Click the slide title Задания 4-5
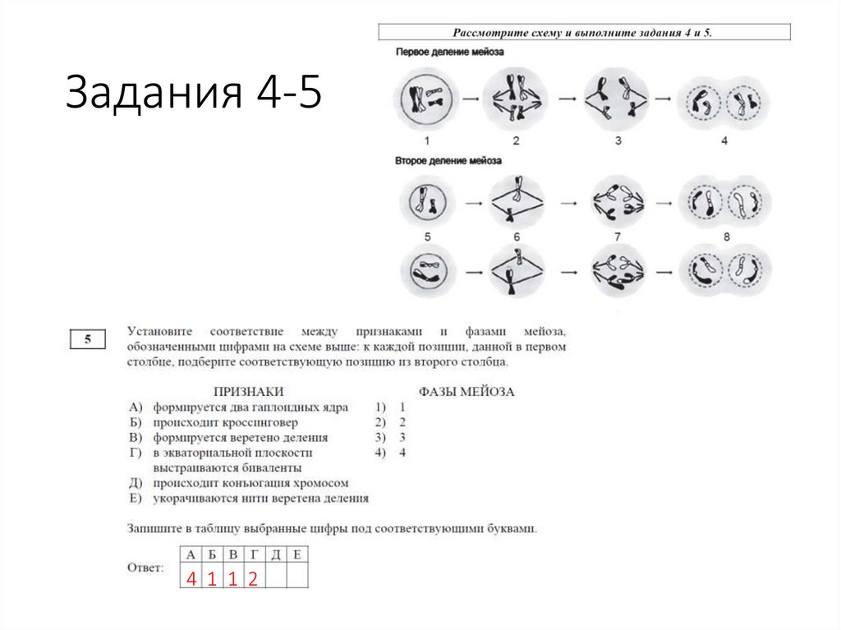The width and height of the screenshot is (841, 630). pyautogui.click(x=193, y=92)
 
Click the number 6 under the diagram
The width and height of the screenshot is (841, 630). pyautogui.click(x=517, y=237)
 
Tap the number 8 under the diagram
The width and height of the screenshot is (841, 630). pyautogui.click(x=724, y=237)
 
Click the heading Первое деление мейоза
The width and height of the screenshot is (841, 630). pyautogui.click(x=449, y=52)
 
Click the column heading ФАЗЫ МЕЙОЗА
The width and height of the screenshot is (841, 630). pyautogui.click(x=466, y=392)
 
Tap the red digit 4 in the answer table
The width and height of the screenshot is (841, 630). pyautogui.click(x=191, y=578)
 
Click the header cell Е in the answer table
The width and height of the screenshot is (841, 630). pyautogui.click(x=297, y=554)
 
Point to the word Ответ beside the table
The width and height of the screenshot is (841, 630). pyautogui.click(x=145, y=568)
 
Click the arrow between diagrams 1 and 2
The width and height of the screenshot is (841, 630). pyautogui.click(x=470, y=99)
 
